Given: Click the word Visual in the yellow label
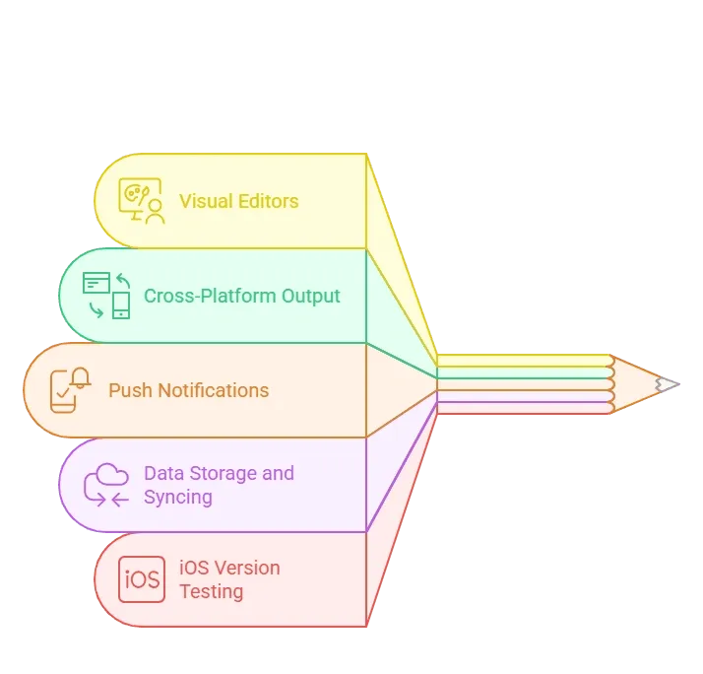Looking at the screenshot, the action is (206, 201).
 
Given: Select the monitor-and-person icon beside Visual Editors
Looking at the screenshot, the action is (142, 201).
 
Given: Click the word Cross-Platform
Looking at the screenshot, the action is (210, 297).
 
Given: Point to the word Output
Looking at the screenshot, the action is (311, 297).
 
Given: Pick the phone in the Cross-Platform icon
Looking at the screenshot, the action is (121, 305).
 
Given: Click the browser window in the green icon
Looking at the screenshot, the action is (96, 282).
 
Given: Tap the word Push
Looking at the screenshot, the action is (131, 390).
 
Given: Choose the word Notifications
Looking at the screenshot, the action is (214, 390).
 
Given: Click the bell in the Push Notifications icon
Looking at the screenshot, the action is (81, 377).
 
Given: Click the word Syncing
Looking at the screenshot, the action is (178, 498).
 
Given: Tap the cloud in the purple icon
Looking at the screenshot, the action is (111, 475).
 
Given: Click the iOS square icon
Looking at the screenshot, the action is (142, 579).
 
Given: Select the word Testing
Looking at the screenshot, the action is (211, 591).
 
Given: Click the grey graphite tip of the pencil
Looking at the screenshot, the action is (668, 384).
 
